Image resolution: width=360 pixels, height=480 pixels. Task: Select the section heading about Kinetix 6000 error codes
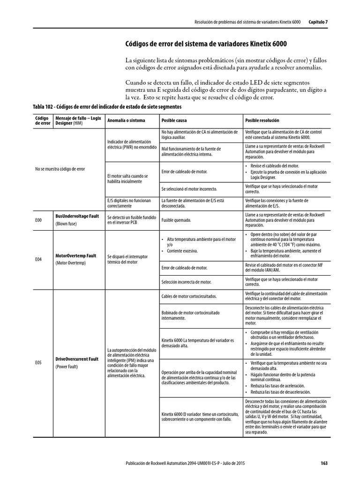[206, 44]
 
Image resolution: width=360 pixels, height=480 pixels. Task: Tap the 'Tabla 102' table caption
[107, 106]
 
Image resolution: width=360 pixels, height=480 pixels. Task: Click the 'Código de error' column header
[42, 120]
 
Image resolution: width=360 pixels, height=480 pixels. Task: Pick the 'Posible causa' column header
[174, 120]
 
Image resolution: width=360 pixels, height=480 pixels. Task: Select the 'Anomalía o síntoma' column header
[126, 120]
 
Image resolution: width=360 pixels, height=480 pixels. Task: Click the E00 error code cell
[38, 219]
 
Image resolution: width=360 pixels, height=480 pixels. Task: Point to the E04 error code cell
[38, 259]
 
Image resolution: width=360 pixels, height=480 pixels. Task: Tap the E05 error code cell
[38, 362]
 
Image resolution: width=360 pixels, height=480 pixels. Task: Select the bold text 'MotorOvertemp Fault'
[76, 256]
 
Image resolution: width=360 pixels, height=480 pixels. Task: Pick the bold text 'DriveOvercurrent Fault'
[77, 359]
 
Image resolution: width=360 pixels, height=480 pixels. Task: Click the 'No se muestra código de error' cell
[60, 169]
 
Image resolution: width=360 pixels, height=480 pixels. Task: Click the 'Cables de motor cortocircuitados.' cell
[188, 296]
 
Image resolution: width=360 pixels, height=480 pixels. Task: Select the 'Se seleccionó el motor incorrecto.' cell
[189, 189]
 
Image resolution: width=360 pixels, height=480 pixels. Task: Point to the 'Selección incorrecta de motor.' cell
[186, 282]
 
